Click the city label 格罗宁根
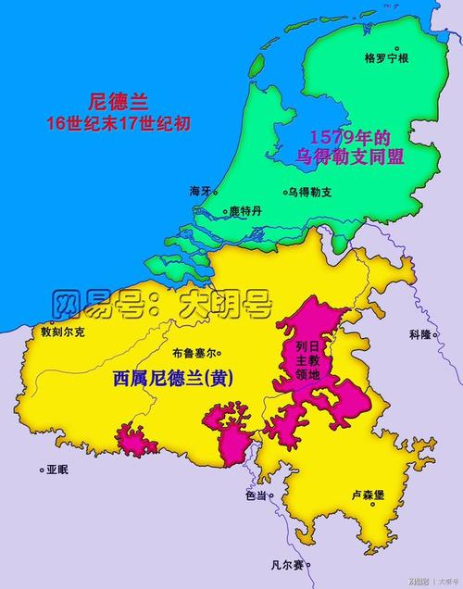(x=387, y=57)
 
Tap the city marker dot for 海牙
(x=217, y=194)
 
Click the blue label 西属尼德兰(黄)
(x=172, y=379)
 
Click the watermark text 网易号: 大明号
(x=162, y=302)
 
